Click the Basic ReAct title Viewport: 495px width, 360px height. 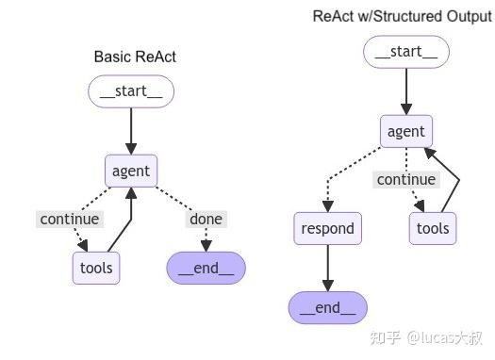pyautogui.click(x=135, y=57)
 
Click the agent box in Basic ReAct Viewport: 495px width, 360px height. pyautogui.click(x=131, y=171)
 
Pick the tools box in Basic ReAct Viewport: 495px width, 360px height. pyautogui.click(x=96, y=268)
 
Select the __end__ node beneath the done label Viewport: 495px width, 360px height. pyautogui.click(x=206, y=268)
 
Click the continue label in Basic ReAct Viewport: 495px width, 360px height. pyautogui.click(x=69, y=219)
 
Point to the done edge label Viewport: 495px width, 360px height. pyautogui.click(x=206, y=219)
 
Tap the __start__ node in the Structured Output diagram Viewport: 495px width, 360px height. pyautogui.click(x=405, y=53)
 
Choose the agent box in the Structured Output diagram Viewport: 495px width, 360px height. pyautogui.click(x=405, y=132)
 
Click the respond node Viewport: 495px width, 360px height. pyautogui.click(x=327, y=227)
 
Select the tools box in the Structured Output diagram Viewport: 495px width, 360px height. pyautogui.click(x=433, y=227)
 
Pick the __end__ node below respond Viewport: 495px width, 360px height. pyautogui.click(x=327, y=306)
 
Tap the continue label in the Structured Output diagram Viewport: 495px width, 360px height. pyautogui.click(x=405, y=179)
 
